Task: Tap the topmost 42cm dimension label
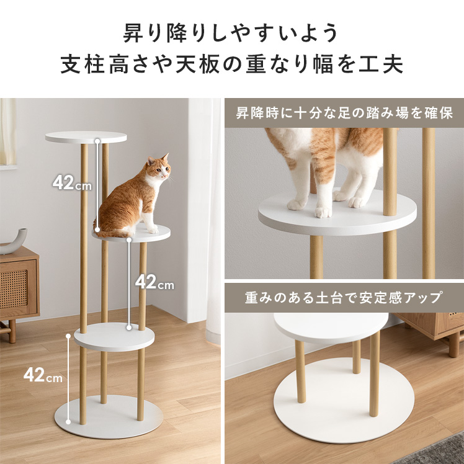[x=72, y=183]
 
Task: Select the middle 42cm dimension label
[x=154, y=282]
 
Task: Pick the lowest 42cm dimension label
[x=43, y=375]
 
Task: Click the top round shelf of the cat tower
[x=86, y=137]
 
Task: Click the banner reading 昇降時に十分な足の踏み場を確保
[x=344, y=113]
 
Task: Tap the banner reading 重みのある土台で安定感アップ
[x=344, y=298]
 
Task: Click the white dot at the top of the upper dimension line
[x=97, y=141]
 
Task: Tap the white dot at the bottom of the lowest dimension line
[x=68, y=422]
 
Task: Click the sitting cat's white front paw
[x=153, y=229]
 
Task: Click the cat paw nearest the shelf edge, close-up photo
[x=323, y=212]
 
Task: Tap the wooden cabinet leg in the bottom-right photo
[x=453, y=344]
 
